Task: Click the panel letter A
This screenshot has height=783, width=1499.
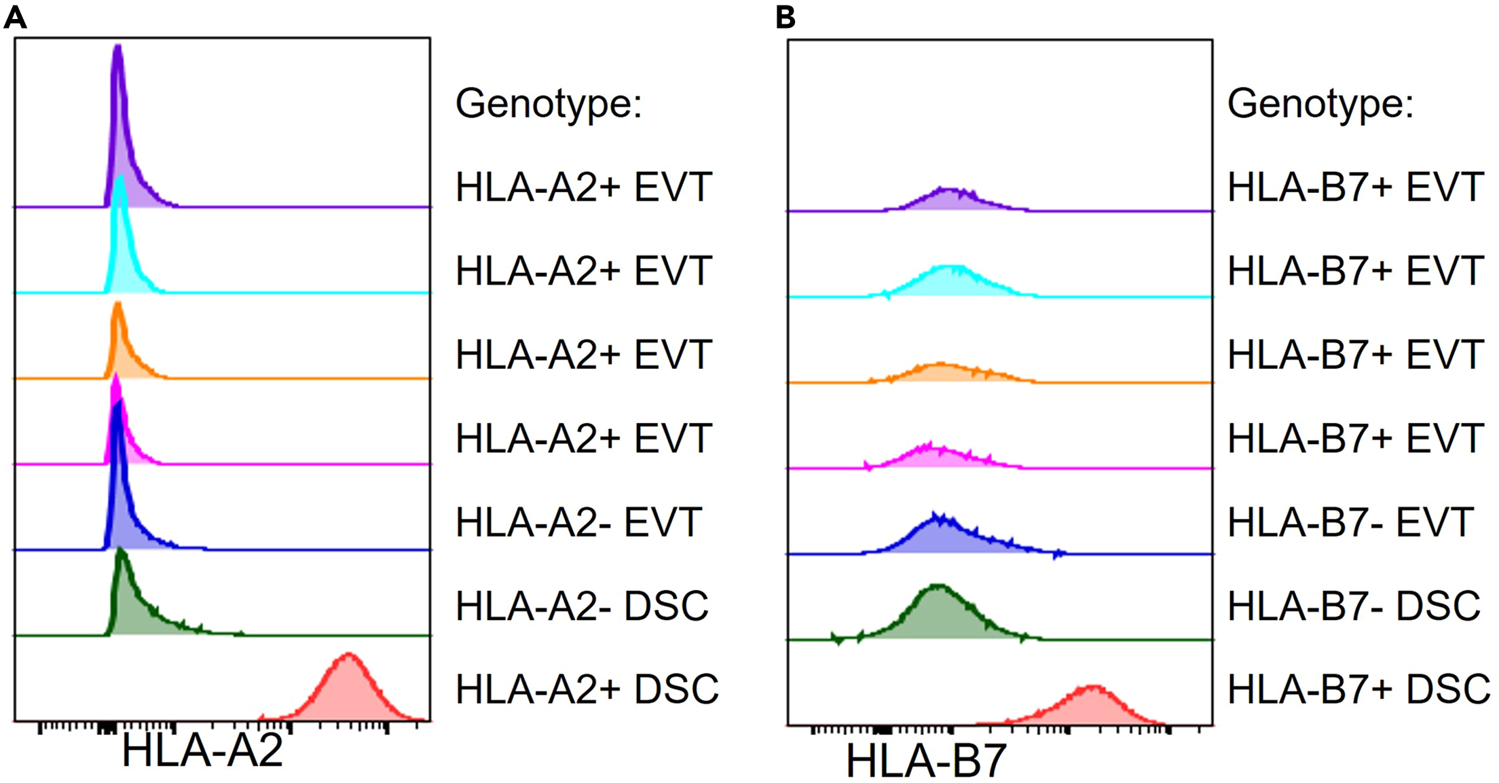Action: coord(15,16)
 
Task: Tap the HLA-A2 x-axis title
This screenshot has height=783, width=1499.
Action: coord(202,751)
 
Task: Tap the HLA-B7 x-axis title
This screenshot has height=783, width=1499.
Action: coord(926,761)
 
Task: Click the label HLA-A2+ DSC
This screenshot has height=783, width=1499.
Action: coord(587,689)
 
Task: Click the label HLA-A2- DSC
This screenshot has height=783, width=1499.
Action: coord(582,606)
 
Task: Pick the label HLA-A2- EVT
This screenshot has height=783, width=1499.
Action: coord(578,522)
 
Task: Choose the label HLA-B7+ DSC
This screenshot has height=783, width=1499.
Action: coord(1358,689)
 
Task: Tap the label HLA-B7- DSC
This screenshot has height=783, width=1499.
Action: coord(1354,606)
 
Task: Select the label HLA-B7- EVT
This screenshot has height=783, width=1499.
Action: coord(1350,522)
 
